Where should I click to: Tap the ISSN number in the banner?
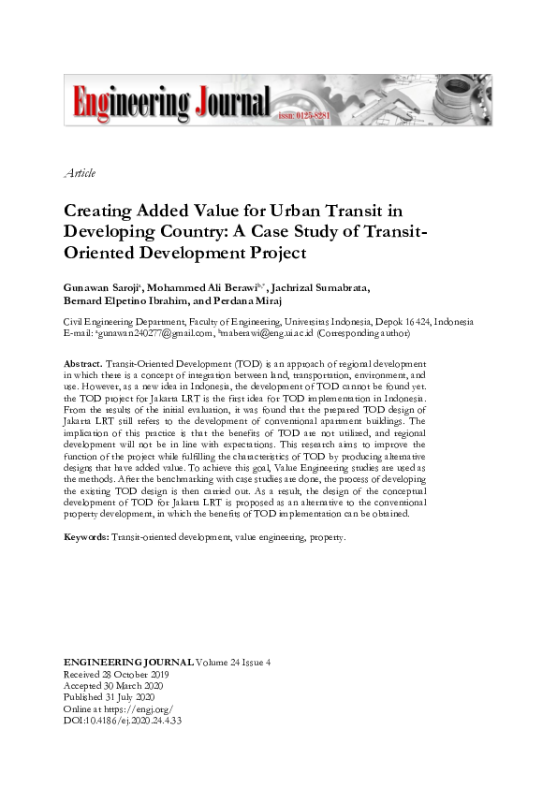pos(304,116)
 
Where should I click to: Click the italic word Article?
pos(80,173)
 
